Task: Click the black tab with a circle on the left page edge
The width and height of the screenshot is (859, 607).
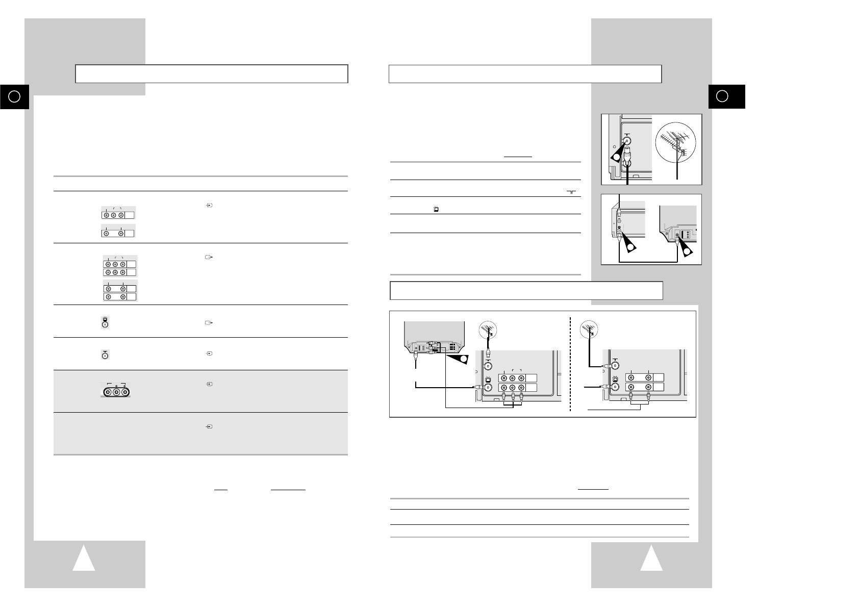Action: [15, 96]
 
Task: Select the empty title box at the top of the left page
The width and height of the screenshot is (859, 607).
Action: [212, 73]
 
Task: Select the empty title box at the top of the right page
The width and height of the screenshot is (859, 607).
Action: [525, 73]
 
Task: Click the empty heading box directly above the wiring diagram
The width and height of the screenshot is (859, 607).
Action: [526, 290]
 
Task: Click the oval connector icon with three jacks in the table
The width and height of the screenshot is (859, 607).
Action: [116, 390]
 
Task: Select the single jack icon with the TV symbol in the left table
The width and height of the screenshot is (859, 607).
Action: [105, 322]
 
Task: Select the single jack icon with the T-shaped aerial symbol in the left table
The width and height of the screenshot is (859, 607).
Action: [105, 354]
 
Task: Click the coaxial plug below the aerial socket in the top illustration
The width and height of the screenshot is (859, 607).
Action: [627, 157]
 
